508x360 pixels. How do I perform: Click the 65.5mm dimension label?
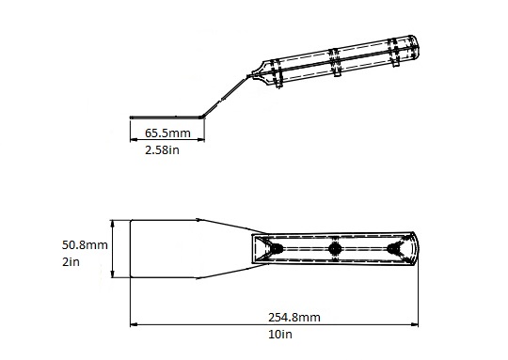click(167, 133)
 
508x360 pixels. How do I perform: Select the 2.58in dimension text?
click(162, 150)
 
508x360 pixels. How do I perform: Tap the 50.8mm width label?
click(85, 244)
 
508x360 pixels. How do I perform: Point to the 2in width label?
click(71, 261)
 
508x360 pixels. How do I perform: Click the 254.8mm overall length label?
click(294, 318)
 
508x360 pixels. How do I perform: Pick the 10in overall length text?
click(280, 334)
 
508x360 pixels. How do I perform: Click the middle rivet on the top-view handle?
click(335, 249)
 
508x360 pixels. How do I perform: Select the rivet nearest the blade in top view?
click(277, 249)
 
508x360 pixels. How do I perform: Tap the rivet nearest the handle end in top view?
click(393, 249)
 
